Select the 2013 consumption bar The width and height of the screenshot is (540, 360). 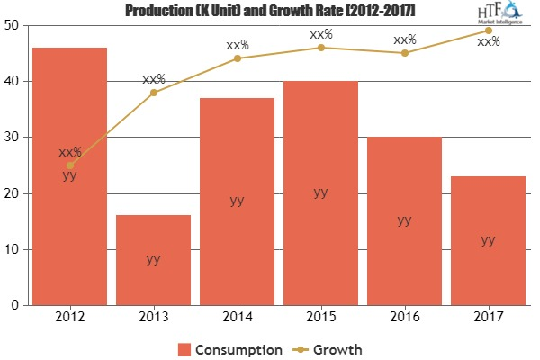tap(153, 260)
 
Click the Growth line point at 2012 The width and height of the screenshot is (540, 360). tap(69, 166)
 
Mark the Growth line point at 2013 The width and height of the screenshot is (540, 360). tap(153, 93)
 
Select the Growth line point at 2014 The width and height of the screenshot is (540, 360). tap(237, 58)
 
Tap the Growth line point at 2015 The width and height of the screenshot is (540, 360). tap(320, 48)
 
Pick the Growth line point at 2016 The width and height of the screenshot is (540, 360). tap(404, 53)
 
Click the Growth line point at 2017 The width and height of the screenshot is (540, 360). tap(488, 31)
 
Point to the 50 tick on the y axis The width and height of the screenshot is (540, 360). tap(15, 25)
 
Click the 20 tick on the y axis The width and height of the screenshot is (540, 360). tap(15, 193)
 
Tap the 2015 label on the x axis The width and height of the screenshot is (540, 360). tap(320, 318)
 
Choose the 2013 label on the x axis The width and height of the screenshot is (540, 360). tap(153, 318)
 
